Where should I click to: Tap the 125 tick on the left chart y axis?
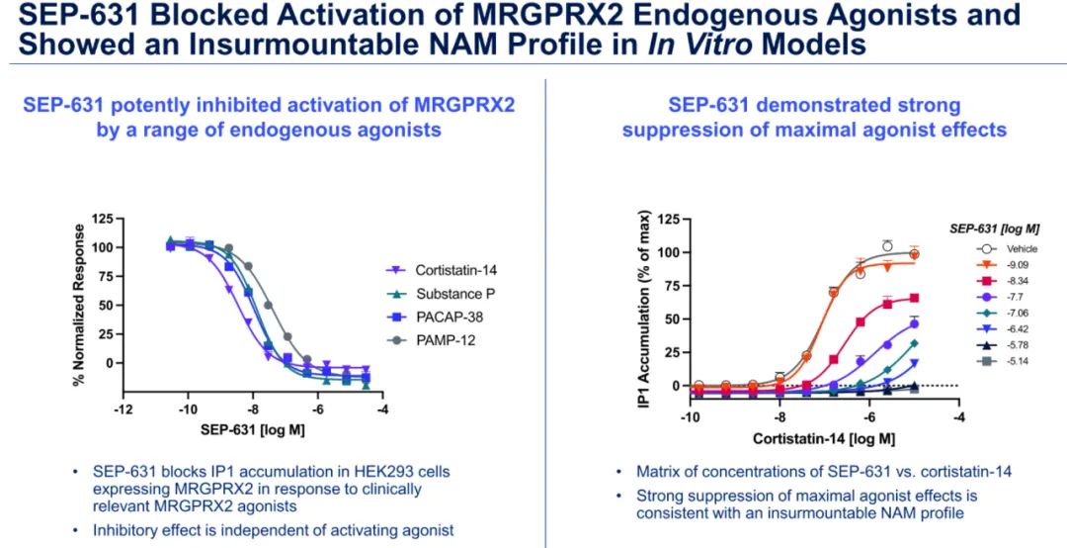(x=101, y=218)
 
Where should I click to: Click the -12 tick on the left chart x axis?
(x=123, y=409)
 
